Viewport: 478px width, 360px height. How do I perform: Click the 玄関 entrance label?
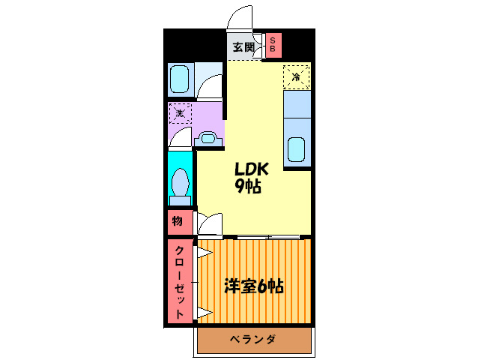242,47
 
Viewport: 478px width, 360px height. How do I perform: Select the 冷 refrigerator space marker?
297,76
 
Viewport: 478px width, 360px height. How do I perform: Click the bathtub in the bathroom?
180,79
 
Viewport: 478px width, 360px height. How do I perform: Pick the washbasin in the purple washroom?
208,138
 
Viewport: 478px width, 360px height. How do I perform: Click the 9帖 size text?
249,187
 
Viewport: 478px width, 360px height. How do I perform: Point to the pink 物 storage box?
178,222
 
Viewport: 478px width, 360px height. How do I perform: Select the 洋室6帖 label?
254,286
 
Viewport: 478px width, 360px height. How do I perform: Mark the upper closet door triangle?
203,253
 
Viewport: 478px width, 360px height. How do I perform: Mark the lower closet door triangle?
204,311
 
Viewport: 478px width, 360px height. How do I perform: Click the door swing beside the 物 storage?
210,224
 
